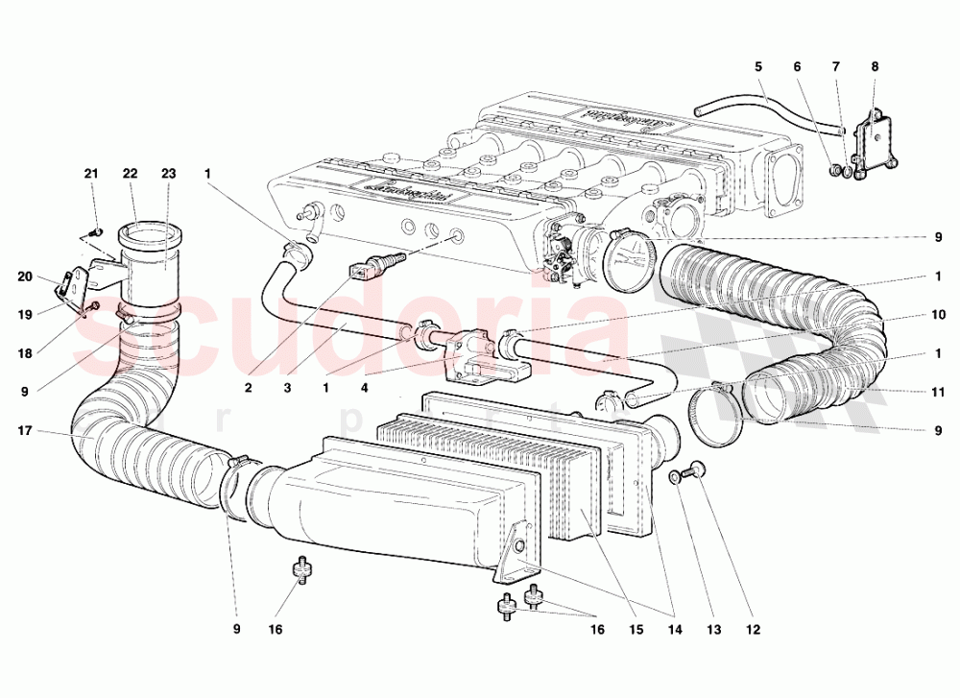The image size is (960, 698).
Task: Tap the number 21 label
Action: click(x=91, y=174)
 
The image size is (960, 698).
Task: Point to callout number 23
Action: click(x=169, y=174)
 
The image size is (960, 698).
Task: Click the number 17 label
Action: click(x=26, y=431)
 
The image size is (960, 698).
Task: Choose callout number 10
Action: click(x=938, y=314)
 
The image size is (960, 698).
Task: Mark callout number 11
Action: click(x=938, y=392)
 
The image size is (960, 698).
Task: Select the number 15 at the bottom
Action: click(x=634, y=631)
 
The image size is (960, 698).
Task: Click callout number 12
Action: click(x=751, y=631)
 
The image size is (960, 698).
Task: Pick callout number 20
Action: click(x=26, y=277)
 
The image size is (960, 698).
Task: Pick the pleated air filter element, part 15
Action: click(x=566, y=475)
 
